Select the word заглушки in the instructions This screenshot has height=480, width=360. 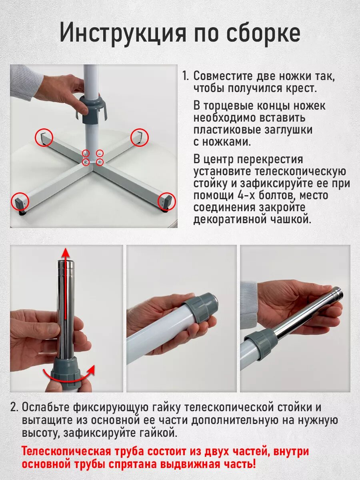pos(288,130)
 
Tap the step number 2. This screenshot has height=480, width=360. pos(15,407)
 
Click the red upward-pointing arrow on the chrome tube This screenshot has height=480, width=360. pos(66,284)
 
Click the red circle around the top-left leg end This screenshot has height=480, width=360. pos(44,137)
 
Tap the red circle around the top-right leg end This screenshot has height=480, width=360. pos(140,138)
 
